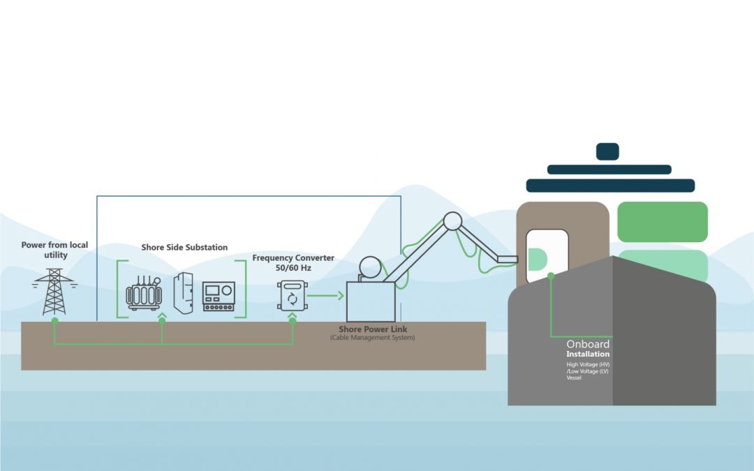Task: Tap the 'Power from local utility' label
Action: pyautogui.click(x=54, y=250)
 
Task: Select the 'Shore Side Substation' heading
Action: pyautogui.click(x=184, y=248)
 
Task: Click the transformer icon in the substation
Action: pyautogui.click(x=144, y=294)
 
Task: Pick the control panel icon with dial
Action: pyautogui.click(x=219, y=297)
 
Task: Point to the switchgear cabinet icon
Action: pyautogui.click(x=183, y=293)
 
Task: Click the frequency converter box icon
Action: pyautogui.click(x=292, y=295)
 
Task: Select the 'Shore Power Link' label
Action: pyautogui.click(x=373, y=329)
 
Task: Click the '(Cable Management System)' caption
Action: pyautogui.click(x=373, y=338)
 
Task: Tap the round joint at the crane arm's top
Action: pyautogui.click(x=452, y=221)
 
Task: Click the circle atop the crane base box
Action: pyautogui.click(x=369, y=268)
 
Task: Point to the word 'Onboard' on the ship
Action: pyautogui.click(x=588, y=344)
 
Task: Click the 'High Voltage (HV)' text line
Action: pyautogui.click(x=588, y=364)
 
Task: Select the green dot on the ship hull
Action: pyautogui.click(x=551, y=276)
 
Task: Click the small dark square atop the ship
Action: pyautogui.click(x=607, y=151)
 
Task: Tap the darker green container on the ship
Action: pyautogui.click(x=663, y=222)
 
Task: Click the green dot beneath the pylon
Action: pyautogui.click(x=54, y=320)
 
